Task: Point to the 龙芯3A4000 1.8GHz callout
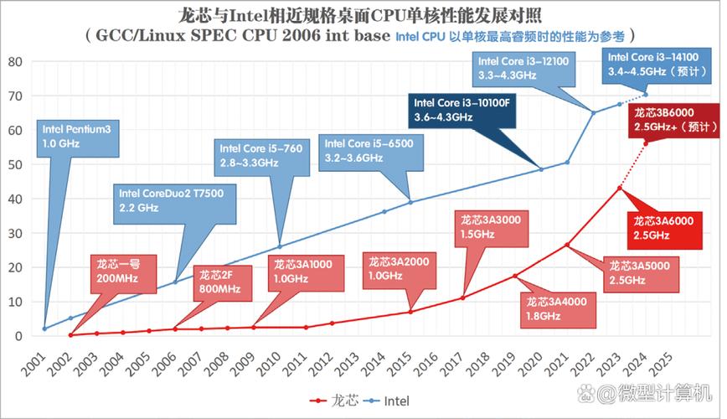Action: pos(555,308)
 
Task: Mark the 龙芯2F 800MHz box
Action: pos(220,282)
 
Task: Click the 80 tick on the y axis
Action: pos(14,62)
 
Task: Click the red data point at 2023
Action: pos(619,188)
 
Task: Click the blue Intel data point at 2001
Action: pos(44,328)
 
